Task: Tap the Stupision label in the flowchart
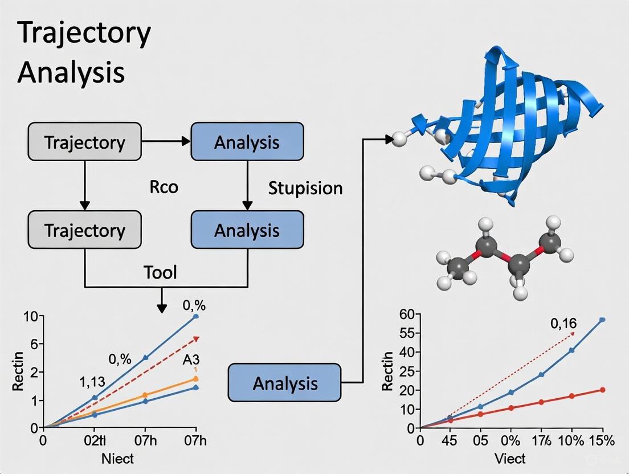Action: click(x=305, y=188)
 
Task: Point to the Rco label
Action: click(x=164, y=187)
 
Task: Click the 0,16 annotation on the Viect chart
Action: click(x=563, y=324)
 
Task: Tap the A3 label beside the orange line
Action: click(x=190, y=360)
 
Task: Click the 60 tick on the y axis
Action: click(x=406, y=314)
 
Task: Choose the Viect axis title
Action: click(x=510, y=459)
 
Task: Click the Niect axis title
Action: click(x=117, y=459)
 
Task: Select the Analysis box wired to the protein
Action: click(x=284, y=383)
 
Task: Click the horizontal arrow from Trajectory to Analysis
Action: click(x=165, y=141)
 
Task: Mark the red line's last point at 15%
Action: click(x=602, y=390)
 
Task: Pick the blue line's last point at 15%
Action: click(x=602, y=320)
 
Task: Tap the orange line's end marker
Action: click(x=196, y=379)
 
